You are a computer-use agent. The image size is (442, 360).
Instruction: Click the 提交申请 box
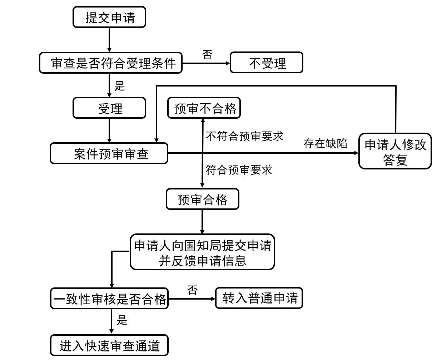click(x=109, y=17)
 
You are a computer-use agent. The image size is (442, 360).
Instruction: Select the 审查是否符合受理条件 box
click(x=111, y=63)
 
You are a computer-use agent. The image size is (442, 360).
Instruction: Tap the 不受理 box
click(x=267, y=63)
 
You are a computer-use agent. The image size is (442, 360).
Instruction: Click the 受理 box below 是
click(x=109, y=108)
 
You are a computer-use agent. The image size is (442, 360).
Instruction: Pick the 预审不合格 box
click(x=204, y=108)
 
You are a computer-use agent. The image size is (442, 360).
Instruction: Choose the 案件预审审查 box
click(x=109, y=153)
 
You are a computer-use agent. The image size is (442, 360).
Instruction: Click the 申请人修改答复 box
click(x=395, y=151)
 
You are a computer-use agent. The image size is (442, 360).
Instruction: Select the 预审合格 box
click(x=203, y=199)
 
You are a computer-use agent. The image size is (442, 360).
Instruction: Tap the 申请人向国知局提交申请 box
click(x=202, y=252)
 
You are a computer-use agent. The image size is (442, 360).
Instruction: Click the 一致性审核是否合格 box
click(x=109, y=299)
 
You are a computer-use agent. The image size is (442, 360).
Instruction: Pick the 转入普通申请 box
click(x=259, y=298)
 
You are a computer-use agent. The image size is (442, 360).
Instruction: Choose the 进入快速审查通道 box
click(x=109, y=345)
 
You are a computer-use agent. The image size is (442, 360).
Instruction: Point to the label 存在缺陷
click(x=326, y=143)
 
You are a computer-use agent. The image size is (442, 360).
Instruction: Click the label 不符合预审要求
click(x=244, y=136)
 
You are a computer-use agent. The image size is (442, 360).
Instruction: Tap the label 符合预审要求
click(x=239, y=169)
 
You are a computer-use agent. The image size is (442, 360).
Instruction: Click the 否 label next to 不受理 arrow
click(x=207, y=55)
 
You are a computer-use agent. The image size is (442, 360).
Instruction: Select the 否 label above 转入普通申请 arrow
click(x=192, y=290)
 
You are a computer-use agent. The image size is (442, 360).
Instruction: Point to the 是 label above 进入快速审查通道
click(x=122, y=320)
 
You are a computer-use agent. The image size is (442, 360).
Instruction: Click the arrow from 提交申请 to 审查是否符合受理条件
click(x=109, y=40)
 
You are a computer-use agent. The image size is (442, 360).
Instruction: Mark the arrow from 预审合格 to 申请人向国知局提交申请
click(x=202, y=222)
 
